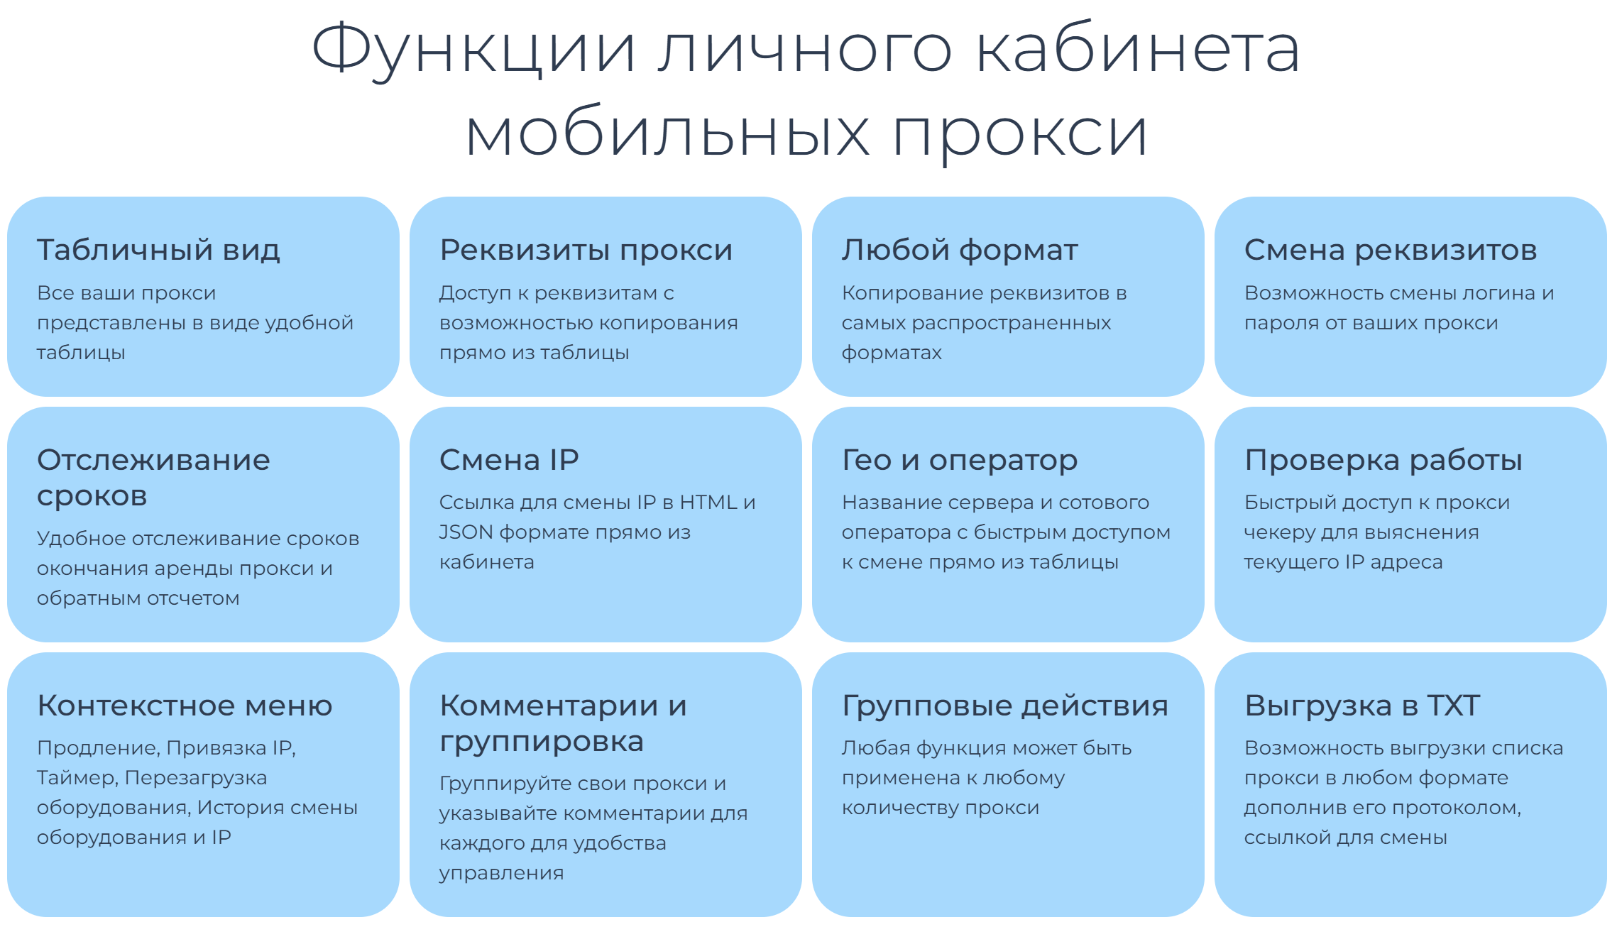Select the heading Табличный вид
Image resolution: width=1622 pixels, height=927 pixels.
[x=158, y=250]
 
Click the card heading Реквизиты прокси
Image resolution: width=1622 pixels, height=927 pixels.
[x=586, y=251]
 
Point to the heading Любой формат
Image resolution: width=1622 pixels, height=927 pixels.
[x=960, y=250]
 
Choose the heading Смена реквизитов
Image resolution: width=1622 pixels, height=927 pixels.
[x=1391, y=251]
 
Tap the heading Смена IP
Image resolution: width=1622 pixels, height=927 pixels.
[x=509, y=460]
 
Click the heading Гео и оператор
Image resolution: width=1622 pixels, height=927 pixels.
[x=960, y=461]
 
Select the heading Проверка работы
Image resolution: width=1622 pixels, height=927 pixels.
[x=1383, y=461]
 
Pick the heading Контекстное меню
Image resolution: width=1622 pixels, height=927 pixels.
[x=185, y=706]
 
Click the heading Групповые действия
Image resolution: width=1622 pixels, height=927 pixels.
[x=1004, y=706]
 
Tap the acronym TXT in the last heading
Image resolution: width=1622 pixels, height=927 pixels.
[x=1454, y=706]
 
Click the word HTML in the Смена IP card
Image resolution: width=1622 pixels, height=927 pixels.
[x=708, y=503]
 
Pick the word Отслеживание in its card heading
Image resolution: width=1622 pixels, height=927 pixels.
[x=153, y=461]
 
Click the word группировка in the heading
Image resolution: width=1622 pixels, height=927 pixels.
[x=542, y=742]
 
